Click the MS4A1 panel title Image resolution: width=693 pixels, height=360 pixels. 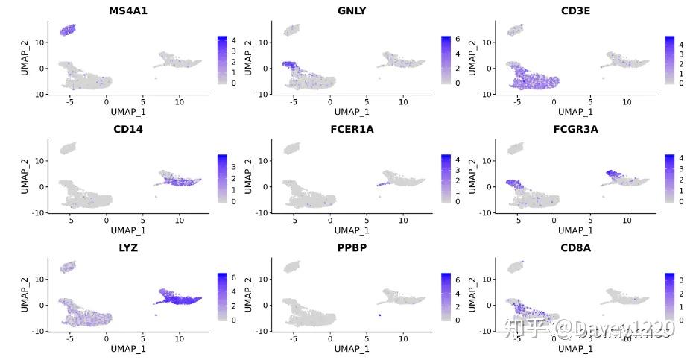coord(128,10)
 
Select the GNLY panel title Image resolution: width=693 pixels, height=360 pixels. coord(352,10)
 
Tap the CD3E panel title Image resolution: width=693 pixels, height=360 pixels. coord(576,10)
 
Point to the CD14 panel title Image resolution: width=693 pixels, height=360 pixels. coord(128,129)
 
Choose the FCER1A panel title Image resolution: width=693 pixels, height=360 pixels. coord(352,129)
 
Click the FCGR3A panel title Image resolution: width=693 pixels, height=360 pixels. coord(576,129)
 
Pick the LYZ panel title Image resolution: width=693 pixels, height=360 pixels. coord(128,247)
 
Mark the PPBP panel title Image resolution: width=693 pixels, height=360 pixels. coord(352,247)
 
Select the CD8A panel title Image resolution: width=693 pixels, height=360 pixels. coord(576,247)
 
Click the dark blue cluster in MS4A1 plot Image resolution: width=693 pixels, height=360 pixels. coord(68,30)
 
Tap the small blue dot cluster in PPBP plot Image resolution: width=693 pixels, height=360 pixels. coord(379,315)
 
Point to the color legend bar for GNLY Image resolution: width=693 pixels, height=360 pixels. coord(446,60)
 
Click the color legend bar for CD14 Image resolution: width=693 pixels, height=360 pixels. coord(222,178)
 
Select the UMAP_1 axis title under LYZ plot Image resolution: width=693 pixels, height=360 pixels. coord(128,348)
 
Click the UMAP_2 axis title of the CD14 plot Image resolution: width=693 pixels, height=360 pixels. coord(25,176)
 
